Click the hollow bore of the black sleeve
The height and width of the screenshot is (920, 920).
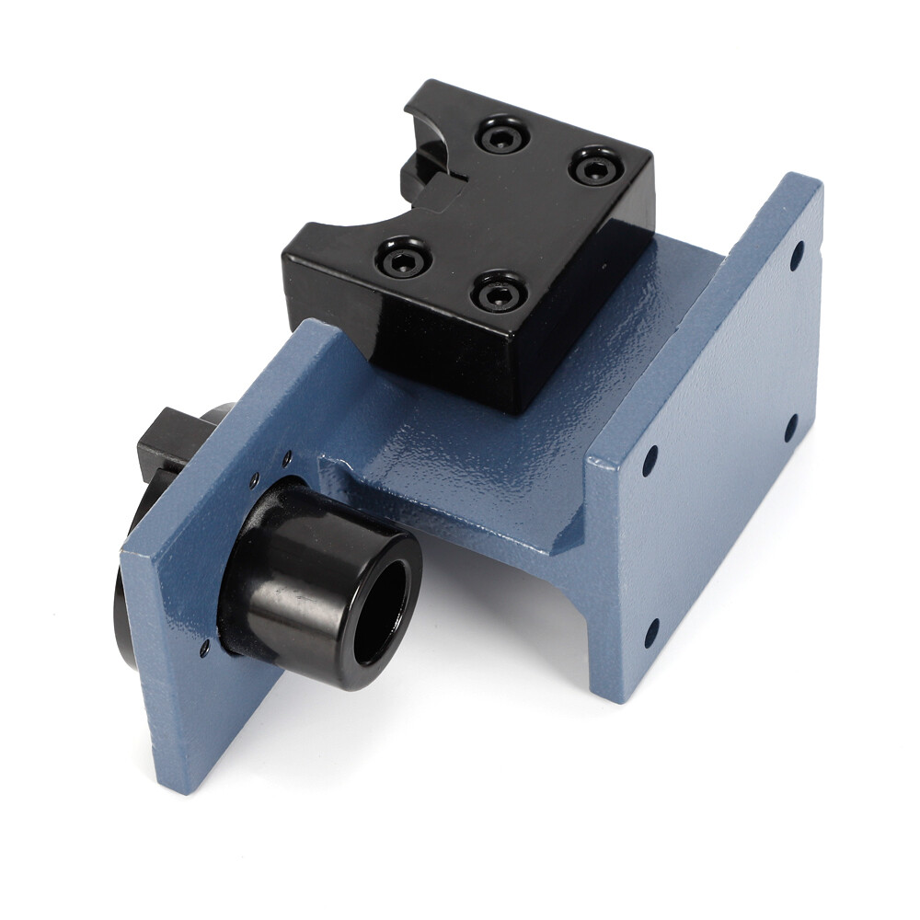(380, 612)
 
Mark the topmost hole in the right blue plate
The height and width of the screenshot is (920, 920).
(797, 255)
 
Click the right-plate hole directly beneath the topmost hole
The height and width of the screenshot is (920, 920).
(790, 427)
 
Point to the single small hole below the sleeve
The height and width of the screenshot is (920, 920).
(204, 649)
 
